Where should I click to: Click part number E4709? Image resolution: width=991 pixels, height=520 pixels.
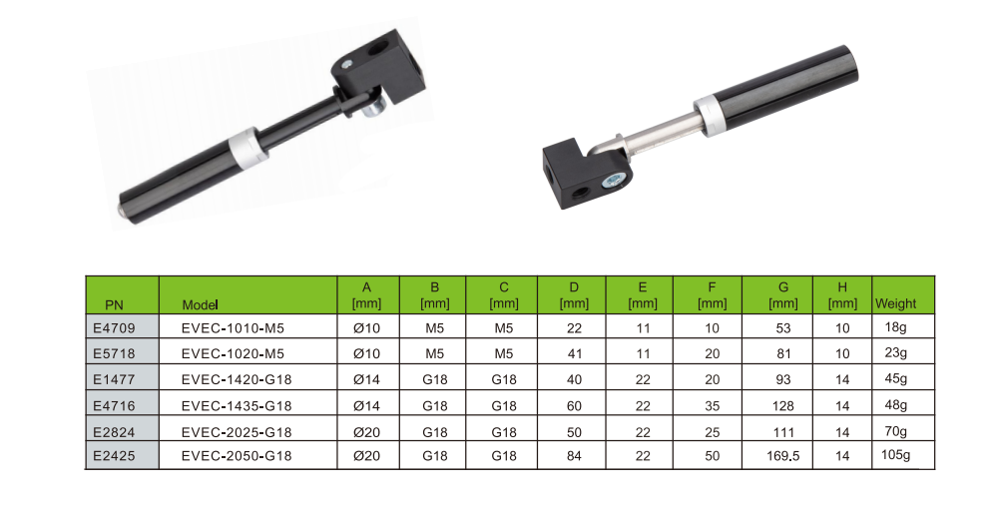point(114,328)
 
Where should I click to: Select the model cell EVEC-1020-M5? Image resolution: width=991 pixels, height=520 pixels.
point(233,354)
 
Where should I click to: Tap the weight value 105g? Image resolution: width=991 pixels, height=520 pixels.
point(895,455)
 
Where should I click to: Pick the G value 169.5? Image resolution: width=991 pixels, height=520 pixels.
point(782,456)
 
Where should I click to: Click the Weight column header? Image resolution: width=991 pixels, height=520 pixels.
point(895,303)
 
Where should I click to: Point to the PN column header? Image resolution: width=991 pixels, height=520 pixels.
point(114,305)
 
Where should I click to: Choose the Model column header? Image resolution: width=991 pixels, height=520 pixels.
point(200,305)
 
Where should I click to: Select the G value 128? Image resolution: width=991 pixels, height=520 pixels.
point(782,406)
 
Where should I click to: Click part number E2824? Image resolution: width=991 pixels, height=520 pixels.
point(114,432)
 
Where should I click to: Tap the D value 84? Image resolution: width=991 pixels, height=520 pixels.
point(574,456)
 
